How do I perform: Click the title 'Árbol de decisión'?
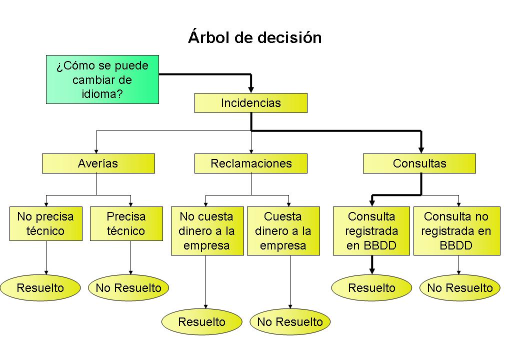coord(254,37)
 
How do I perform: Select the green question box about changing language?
coord(102,79)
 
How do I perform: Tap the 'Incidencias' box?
coord(250,103)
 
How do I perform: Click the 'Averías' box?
coord(98,163)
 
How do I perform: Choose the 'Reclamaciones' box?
coord(250,163)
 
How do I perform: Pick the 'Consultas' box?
coord(419,163)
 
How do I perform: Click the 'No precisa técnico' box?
coord(45,223)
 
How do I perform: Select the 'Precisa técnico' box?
coord(126,223)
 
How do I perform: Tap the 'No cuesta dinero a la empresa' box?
coord(207,231)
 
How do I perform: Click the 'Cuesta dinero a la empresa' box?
coord(283,231)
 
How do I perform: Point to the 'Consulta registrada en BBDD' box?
coord(371,231)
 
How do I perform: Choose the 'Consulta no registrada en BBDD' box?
coord(456,231)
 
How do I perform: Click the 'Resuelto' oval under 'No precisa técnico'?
coord(40,288)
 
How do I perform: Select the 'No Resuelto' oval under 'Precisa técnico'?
coord(128,288)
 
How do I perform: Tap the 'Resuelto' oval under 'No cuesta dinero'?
coord(201,322)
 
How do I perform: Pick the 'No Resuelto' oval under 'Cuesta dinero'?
coord(290,322)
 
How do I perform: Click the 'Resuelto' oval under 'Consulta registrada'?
coord(371,288)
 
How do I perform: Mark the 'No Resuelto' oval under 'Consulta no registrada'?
coord(459,288)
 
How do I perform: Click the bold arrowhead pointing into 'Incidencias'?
coord(251,89)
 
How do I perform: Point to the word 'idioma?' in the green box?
coord(102,93)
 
